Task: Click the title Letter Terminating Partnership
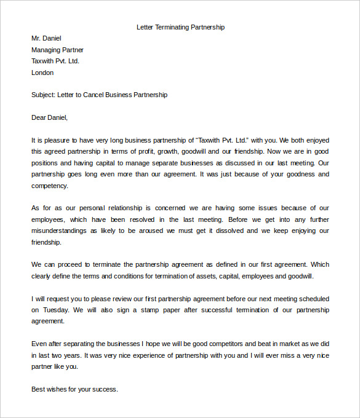[180, 27]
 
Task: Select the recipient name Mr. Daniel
[46, 39]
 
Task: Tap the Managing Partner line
[57, 50]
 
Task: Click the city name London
[42, 73]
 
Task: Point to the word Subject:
[43, 95]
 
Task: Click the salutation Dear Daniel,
[50, 117]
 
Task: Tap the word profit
[150, 151]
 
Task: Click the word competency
[49, 185]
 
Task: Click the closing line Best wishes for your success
[74, 389]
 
